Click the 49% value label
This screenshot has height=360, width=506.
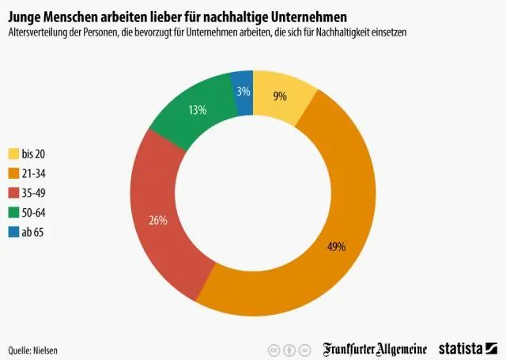click(335, 246)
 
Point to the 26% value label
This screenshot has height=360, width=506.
click(157, 220)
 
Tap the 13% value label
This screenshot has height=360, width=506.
click(197, 110)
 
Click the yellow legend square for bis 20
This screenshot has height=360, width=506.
click(13, 153)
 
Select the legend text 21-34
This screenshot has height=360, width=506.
click(33, 172)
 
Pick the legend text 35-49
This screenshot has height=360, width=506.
click(33, 192)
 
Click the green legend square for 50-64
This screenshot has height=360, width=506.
click(13, 212)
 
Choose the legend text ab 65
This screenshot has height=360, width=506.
click(33, 232)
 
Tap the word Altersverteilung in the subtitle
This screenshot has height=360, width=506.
click(39, 32)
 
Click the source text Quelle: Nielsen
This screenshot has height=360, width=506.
click(33, 349)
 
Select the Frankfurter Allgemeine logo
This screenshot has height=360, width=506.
click(375, 348)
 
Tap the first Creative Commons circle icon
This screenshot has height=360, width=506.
click(274, 348)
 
